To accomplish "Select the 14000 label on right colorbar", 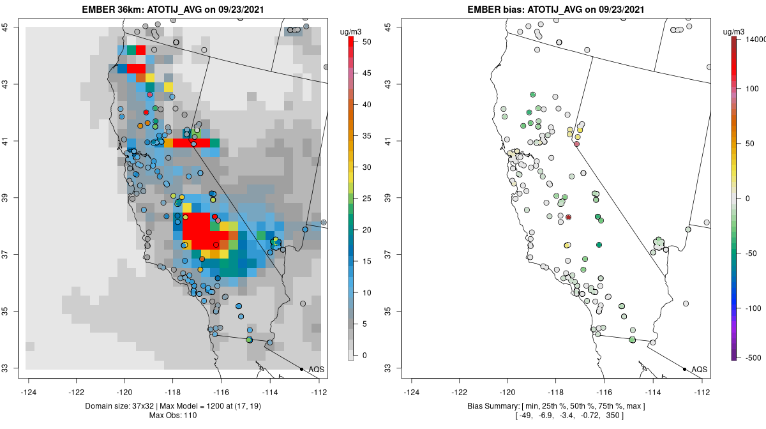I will point(751,40).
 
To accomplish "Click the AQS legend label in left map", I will point(316,370).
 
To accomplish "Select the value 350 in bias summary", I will point(613,416).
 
